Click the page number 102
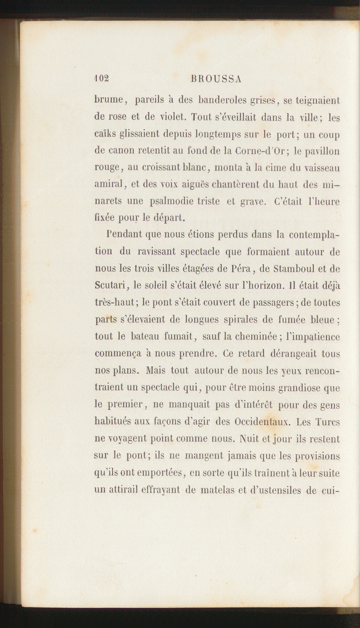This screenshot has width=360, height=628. point(102,79)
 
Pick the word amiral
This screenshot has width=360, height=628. point(108,184)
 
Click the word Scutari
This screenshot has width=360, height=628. point(110,286)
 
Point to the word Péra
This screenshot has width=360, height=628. point(241,269)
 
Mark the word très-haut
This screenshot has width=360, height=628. point(114,303)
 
